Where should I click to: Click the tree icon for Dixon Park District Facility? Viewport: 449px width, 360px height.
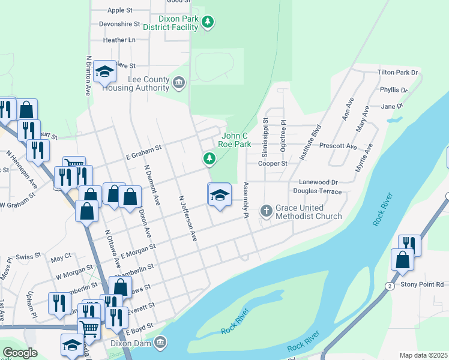pos(208,22)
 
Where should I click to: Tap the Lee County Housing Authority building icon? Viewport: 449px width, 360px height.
pos(179,82)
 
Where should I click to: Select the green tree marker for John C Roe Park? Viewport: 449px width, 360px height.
pos(209,158)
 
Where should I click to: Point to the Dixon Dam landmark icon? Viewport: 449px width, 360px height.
pos(160,343)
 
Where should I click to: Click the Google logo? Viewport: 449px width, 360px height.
pos(20,353)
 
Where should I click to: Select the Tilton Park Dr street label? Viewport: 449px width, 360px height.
pos(397,72)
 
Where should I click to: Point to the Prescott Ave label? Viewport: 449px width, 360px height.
pos(338,146)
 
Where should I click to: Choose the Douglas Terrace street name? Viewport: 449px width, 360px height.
pos(317,191)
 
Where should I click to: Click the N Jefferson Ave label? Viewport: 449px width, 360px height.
pos(187,218)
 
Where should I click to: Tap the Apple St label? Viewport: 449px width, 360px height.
pos(120,10)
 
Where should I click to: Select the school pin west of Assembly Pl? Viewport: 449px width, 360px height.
pos(219,194)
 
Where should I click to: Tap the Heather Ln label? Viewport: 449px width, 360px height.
pos(119,40)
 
